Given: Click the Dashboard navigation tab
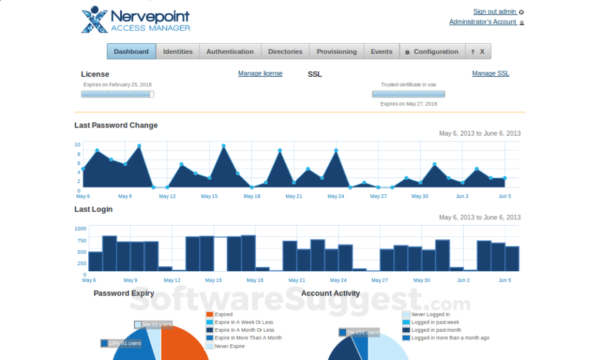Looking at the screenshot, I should [131, 52].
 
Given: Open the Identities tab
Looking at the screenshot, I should [178, 52].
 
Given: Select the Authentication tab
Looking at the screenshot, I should [230, 52].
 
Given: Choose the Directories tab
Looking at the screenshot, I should [285, 52].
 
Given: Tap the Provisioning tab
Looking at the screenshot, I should [336, 52].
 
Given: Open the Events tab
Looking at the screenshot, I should [381, 52].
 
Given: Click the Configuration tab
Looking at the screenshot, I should [432, 52].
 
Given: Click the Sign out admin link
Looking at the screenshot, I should [494, 12].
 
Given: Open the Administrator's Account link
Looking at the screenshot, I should [482, 22].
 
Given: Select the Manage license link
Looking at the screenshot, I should [260, 74].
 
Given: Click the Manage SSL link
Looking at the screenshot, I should [491, 74].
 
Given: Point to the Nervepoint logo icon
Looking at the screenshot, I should [94, 19].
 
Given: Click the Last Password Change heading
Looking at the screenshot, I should [116, 126].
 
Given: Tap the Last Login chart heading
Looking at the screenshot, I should [94, 209].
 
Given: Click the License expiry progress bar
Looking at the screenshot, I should [117, 94].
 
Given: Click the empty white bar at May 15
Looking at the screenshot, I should [221, 254].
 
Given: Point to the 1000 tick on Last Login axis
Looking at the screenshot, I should [81, 229].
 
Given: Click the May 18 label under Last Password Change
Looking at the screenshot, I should [252, 196].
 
